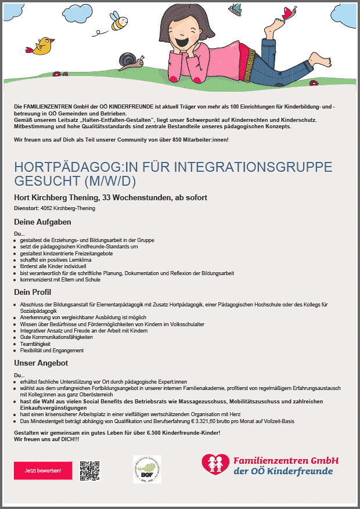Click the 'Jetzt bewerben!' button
[x=39, y=470]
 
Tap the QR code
[x=90, y=470]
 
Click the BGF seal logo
[x=147, y=468]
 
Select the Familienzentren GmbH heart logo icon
[x=215, y=464]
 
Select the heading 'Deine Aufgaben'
[x=42, y=222]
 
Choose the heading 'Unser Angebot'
[x=41, y=363]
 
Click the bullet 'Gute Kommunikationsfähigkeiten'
[x=56, y=337]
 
